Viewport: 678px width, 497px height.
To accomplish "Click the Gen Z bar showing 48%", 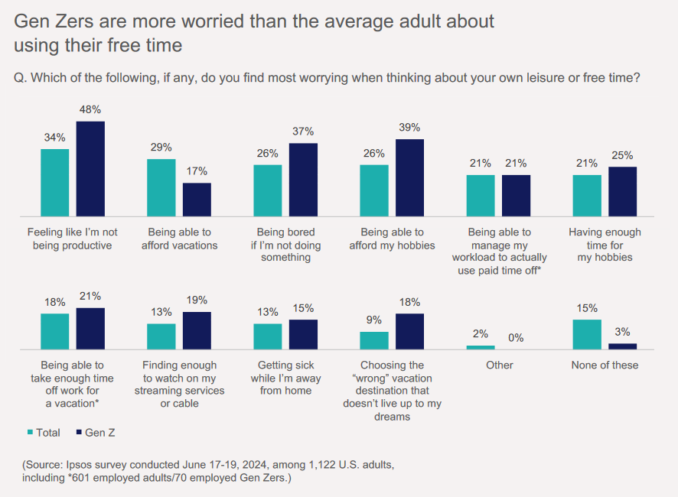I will [x=90, y=168].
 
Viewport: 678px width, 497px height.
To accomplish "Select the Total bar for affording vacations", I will [x=161, y=187].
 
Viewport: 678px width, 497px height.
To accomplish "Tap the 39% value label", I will [x=409, y=128].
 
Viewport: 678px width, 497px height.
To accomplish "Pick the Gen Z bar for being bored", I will [x=303, y=180].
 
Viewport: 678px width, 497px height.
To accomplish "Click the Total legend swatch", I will [x=31, y=433].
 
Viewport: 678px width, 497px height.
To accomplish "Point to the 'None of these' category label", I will [x=605, y=365].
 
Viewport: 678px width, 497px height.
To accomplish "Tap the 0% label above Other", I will [x=515, y=337].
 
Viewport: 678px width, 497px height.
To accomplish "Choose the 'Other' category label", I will [x=500, y=365].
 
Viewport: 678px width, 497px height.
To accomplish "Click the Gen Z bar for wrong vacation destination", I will [x=409, y=331].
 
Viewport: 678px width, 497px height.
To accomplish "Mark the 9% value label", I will [x=374, y=320].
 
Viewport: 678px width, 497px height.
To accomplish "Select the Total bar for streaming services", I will [x=161, y=336].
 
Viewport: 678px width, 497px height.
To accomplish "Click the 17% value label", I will [x=197, y=171].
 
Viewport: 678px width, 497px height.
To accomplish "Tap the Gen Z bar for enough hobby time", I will [x=622, y=191].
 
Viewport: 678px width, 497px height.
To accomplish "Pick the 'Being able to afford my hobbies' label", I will [x=392, y=239].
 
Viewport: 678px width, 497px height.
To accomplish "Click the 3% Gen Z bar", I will [x=622, y=346].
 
